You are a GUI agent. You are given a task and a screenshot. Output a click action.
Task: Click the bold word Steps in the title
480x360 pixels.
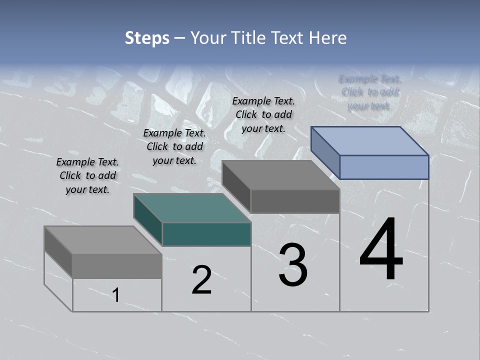(x=147, y=38)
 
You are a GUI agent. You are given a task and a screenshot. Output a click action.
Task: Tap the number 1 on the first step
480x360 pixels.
(x=116, y=295)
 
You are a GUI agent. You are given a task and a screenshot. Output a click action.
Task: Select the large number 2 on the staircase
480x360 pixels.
(x=201, y=280)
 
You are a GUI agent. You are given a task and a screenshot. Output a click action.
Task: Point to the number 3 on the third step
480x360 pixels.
(x=293, y=265)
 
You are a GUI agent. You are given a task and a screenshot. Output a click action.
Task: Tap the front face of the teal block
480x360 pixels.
(x=206, y=234)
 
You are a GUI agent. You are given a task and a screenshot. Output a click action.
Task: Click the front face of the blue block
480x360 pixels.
(x=384, y=167)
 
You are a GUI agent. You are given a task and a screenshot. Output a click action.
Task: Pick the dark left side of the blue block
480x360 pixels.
(x=325, y=152)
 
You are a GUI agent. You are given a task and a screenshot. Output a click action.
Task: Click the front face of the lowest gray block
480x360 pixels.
(x=117, y=266)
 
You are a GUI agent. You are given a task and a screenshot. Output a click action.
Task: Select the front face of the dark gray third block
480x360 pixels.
(x=295, y=201)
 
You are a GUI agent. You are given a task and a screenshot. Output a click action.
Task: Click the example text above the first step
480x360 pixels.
(x=87, y=175)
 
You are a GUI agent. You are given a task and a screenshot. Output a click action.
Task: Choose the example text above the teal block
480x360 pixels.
(x=174, y=146)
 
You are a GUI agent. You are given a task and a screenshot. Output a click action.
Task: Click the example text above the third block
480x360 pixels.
(x=263, y=114)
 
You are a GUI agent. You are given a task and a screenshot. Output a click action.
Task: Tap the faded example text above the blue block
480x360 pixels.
(x=369, y=92)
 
